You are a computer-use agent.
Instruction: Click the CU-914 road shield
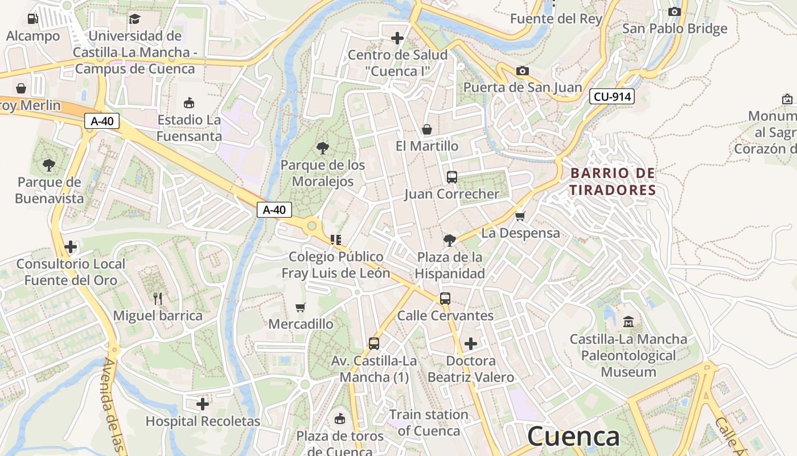612,96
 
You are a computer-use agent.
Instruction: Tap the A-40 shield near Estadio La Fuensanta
102,121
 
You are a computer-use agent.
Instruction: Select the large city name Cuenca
573,437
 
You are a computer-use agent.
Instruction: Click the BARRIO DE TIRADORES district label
613,181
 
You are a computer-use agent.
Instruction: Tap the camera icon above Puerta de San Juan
522,71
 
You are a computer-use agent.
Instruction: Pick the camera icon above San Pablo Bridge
674,11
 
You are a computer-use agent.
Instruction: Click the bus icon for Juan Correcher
452,177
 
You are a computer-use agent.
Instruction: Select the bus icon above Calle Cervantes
445,298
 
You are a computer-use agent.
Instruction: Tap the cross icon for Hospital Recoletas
203,404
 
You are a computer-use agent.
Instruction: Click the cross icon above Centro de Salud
397,38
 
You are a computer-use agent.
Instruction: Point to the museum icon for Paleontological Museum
628,322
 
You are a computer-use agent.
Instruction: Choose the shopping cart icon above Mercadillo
301,307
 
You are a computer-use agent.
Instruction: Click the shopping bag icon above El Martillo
427,129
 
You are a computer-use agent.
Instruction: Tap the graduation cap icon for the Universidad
134,19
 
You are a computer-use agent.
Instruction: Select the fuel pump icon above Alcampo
32,19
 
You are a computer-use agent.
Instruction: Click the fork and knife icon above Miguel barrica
158,298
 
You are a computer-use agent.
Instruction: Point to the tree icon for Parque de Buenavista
49,165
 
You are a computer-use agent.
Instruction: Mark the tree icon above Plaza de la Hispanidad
450,240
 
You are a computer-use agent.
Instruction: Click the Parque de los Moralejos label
323,173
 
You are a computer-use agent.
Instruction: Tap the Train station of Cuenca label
429,422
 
